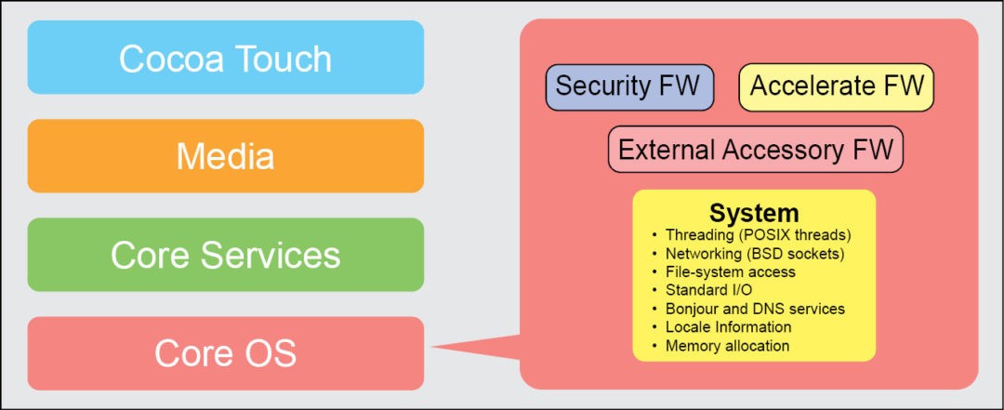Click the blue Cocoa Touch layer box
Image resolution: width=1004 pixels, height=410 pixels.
pos(225,58)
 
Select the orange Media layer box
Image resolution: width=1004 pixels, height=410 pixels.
pos(225,156)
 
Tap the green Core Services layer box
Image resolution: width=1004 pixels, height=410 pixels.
pos(225,255)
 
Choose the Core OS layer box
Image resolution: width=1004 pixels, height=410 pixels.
pos(225,353)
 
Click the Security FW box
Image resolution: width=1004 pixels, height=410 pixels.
pos(628,86)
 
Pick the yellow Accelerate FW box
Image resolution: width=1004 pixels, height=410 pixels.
pos(836,86)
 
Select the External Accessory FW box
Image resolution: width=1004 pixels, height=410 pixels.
pos(755,150)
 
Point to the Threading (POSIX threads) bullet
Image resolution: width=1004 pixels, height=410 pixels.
pos(758,234)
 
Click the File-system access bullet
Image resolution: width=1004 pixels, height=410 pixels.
pos(730,271)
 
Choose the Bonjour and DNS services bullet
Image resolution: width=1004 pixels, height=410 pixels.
pos(755,309)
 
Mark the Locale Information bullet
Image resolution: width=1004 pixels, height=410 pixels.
pos(728,327)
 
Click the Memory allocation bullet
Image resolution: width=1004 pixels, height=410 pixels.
pos(727,346)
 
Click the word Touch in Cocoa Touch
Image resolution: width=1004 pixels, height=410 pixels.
pos(286,58)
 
